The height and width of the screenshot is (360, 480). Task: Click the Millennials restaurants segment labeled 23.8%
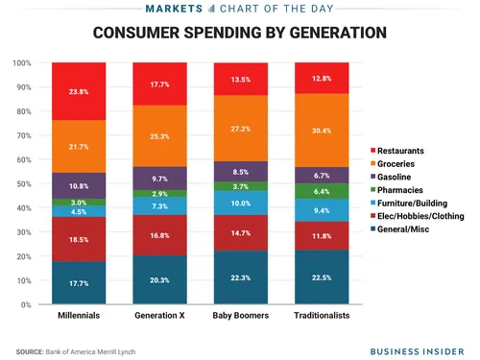pyautogui.click(x=80, y=92)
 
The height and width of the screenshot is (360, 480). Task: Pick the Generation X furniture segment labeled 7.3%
pyautogui.click(x=160, y=206)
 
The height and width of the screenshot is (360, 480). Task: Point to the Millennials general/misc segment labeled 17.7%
pyautogui.click(x=80, y=283)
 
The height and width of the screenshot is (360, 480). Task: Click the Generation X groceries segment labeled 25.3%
pyautogui.click(x=160, y=135)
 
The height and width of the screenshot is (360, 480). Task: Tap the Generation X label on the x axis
pyautogui.click(x=160, y=317)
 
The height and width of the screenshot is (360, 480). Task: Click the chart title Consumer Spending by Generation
pyautogui.click(x=240, y=33)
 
